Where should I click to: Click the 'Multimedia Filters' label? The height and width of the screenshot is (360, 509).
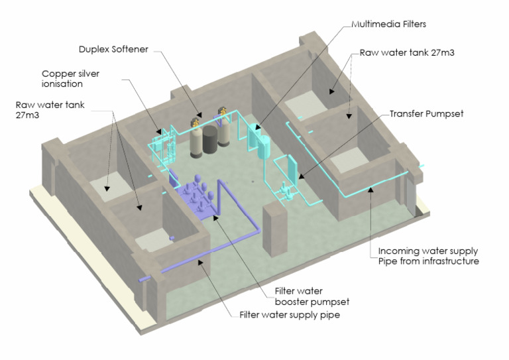388,25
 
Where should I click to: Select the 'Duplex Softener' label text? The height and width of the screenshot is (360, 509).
113,49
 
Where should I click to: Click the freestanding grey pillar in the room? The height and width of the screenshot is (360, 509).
274,229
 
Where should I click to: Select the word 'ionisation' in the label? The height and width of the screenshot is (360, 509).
62,84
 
